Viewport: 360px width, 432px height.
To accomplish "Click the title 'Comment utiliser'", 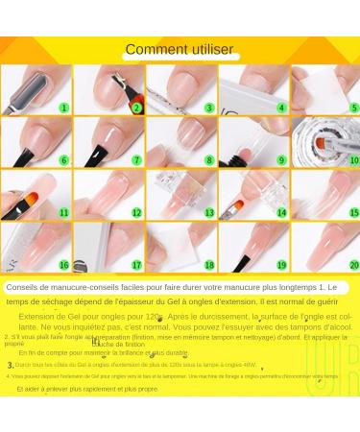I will click(180, 49).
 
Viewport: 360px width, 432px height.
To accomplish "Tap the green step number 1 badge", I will click(64, 108).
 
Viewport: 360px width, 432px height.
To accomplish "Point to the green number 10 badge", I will click(353, 160).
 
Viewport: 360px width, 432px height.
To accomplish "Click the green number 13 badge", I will click(209, 212).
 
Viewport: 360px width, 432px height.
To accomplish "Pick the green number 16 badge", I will click(64, 265).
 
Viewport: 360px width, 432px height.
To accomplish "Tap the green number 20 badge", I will click(353, 265).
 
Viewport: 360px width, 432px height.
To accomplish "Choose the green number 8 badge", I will click(209, 160).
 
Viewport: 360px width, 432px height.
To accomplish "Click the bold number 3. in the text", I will click(11, 365).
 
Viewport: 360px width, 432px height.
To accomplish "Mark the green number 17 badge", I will click(137, 265).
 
